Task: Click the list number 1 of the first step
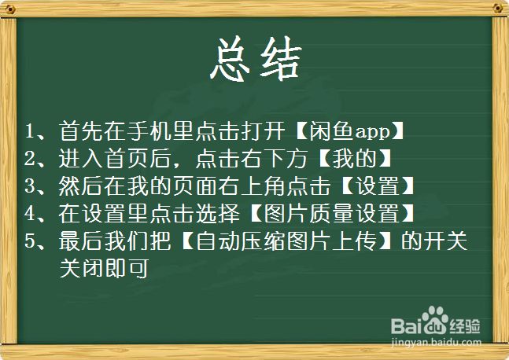coord(29,130)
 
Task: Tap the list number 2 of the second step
coord(29,158)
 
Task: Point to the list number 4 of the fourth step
coord(29,214)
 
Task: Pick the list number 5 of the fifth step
coord(29,241)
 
